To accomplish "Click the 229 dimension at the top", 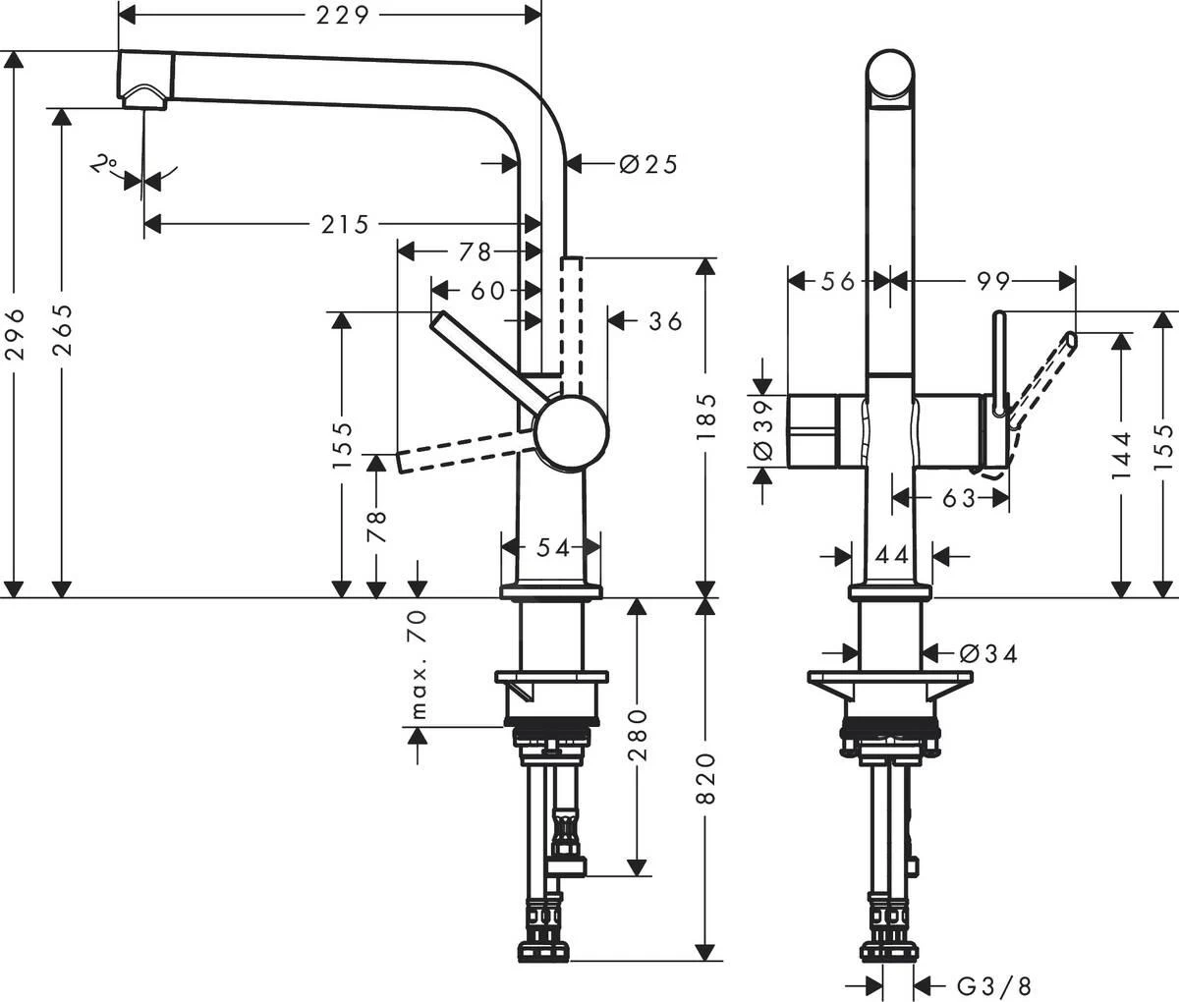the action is pos(343,16).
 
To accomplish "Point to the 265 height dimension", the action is pos(63,331).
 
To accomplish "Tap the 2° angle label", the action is pos(103,165).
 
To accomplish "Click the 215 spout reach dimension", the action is pos(345,225).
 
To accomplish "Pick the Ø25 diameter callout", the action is pos(648,164).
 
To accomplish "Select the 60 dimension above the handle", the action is pos(488,291).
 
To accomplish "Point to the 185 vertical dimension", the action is pos(705,416).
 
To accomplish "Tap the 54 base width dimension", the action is pos(553,548).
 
